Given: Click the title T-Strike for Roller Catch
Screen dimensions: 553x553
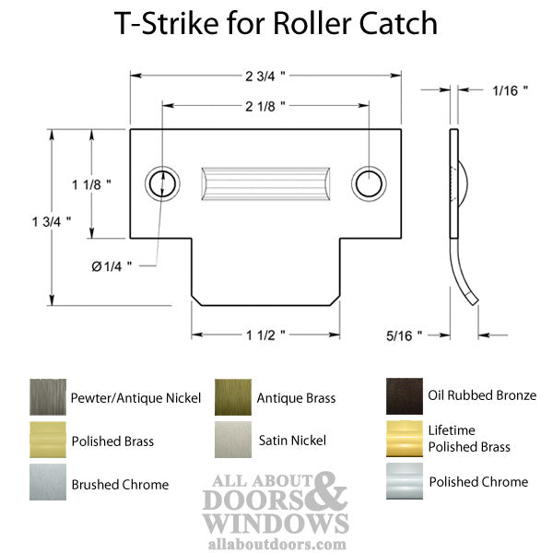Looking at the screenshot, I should (x=275, y=23).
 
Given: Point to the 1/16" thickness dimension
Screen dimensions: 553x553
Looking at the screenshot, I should (x=510, y=90).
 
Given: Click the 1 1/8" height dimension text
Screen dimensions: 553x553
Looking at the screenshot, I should (x=91, y=184).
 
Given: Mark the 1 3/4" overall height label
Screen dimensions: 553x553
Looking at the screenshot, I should (x=52, y=221).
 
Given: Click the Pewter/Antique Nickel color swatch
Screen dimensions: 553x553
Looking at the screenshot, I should (x=47, y=397).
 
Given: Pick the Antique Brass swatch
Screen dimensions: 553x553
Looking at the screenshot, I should (x=233, y=397).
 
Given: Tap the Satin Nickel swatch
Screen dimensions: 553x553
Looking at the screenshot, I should (x=233, y=440).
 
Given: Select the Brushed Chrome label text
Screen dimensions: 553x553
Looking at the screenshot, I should (x=120, y=484).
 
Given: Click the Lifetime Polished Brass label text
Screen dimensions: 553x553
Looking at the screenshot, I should (x=468, y=439).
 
